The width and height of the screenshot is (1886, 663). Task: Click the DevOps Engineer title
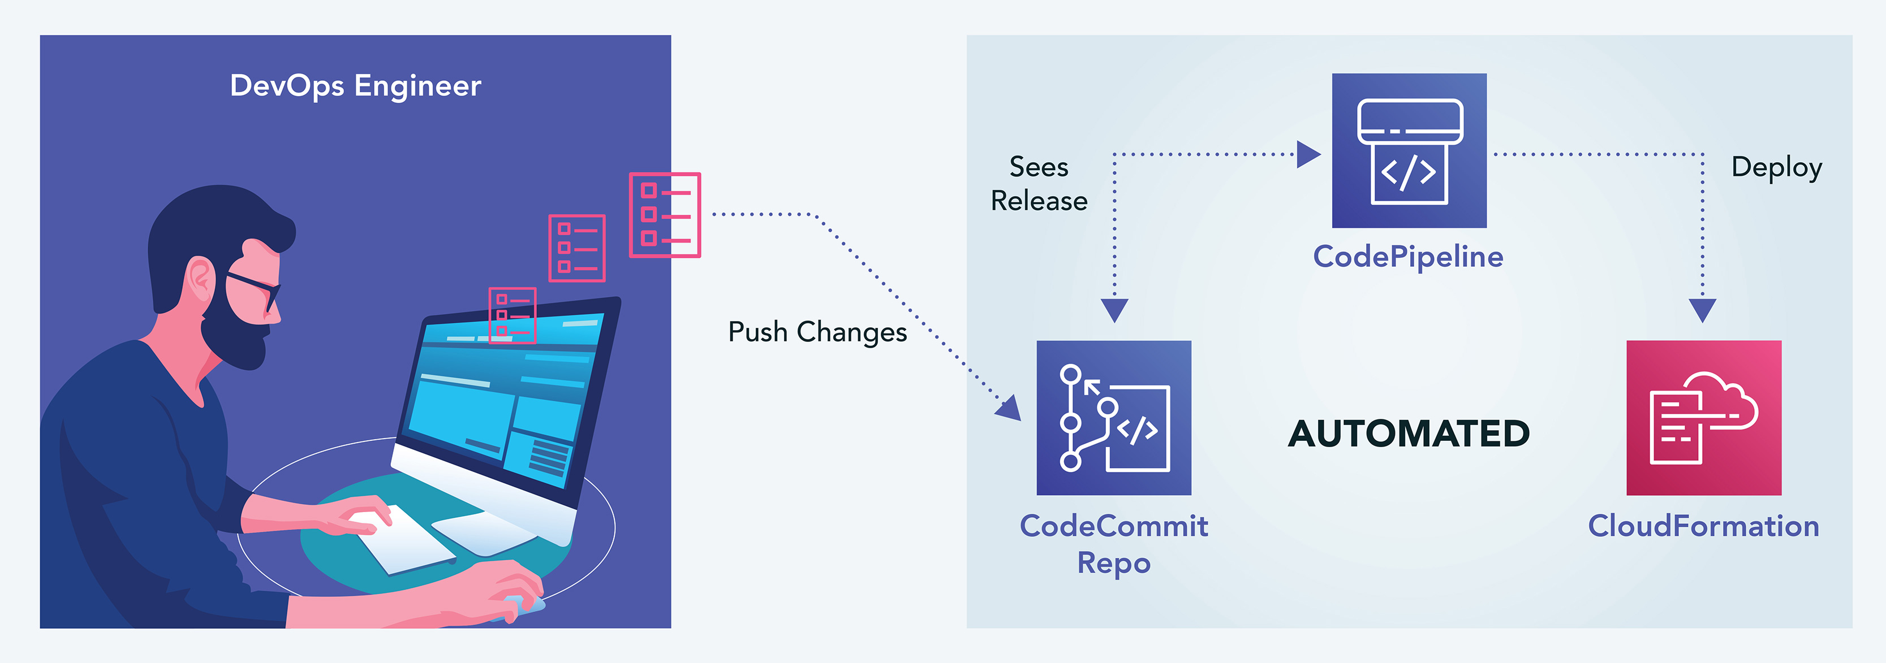click(x=356, y=85)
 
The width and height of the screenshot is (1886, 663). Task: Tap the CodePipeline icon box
click(x=1409, y=151)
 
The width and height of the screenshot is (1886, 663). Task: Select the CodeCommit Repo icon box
click(x=1114, y=417)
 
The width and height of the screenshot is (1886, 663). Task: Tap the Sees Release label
click(x=1039, y=184)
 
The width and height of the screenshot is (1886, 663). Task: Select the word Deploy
click(x=1776, y=167)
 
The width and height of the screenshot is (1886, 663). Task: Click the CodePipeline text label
click(x=1408, y=257)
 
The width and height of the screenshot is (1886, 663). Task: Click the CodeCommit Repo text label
click(x=1114, y=544)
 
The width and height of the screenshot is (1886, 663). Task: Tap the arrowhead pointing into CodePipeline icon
click(x=1308, y=154)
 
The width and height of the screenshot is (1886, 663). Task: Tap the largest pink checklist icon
click(x=665, y=215)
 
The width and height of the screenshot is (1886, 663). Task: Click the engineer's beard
click(x=234, y=337)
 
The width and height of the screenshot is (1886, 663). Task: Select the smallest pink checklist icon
click(x=513, y=315)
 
